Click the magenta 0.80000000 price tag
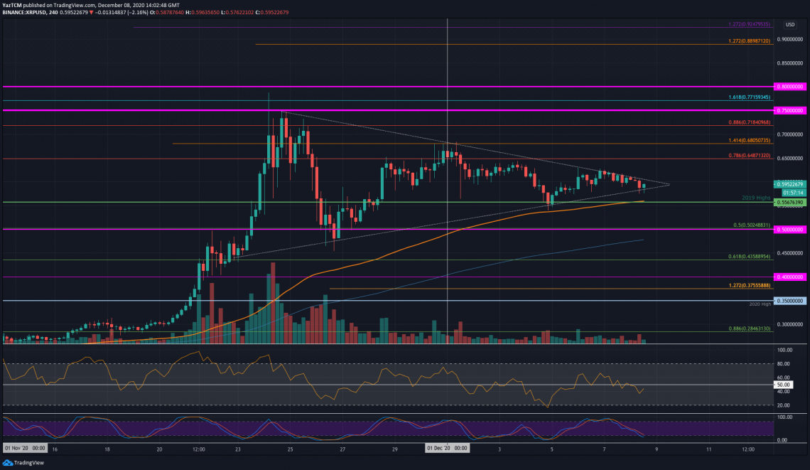coord(792,87)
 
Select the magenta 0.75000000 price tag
coord(792,111)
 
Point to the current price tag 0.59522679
coord(792,183)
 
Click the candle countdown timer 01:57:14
coord(792,192)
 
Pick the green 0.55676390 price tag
coord(792,202)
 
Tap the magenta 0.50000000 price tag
coord(792,230)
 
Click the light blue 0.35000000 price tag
coord(792,301)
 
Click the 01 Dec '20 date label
coord(447,449)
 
